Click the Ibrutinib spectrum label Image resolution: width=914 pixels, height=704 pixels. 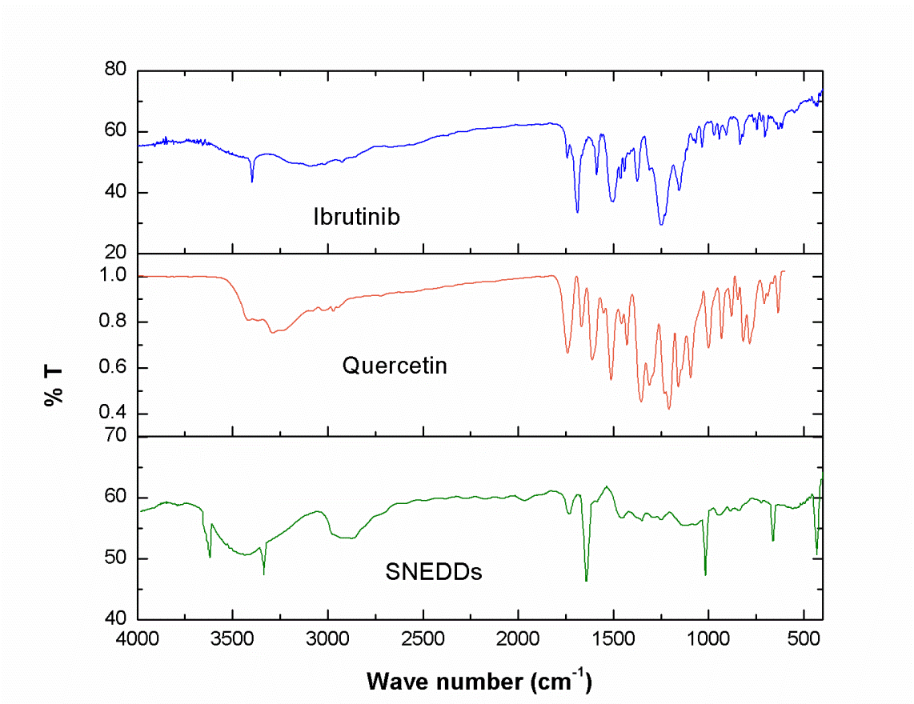pyautogui.click(x=356, y=216)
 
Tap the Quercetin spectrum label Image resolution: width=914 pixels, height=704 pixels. pyautogui.click(x=394, y=366)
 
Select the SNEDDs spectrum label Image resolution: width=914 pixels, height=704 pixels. pyautogui.click(x=434, y=572)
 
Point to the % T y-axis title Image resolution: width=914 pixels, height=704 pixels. pyautogui.click(x=55, y=386)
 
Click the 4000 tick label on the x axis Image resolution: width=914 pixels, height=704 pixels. pyautogui.click(x=138, y=640)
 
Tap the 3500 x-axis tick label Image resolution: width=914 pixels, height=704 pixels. pyautogui.click(x=233, y=640)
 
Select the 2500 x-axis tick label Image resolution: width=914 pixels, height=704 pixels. pyautogui.click(x=423, y=640)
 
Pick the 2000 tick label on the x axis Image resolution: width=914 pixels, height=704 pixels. pyautogui.click(x=519, y=640)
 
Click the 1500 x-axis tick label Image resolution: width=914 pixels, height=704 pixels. pyautogui.click(x=614, y=640)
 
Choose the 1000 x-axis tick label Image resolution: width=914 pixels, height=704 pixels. pyautogui.click(x=708, y=640)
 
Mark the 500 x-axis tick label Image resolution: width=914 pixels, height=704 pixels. pyautogui.click(x=804, y=640)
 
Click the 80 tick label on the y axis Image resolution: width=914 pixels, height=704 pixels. pyautogui.click(x=117, y=70)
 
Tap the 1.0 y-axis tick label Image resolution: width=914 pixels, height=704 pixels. pyautogui.click(x=114, y=276)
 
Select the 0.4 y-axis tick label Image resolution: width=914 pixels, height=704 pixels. pyautogui.click(x=114, y=414)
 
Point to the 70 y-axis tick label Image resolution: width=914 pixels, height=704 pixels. pyautogui.click(x=117, y=436)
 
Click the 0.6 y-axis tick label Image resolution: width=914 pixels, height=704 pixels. pyautogui.click(x=114, y=368)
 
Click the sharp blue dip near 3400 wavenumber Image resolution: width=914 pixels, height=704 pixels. pyautogui.click(x=252, y=181)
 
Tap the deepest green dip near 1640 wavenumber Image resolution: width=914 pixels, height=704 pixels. pyautogui.click(x=587, y=580)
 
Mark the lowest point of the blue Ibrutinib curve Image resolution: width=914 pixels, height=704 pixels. pyautogui.click(x=661, y=225)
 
